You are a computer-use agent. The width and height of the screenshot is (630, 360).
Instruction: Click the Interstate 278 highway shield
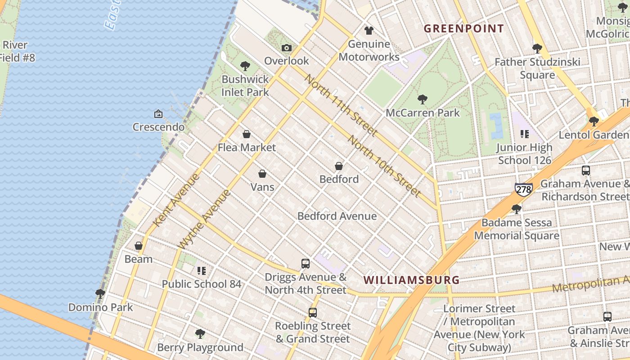click(524, 189)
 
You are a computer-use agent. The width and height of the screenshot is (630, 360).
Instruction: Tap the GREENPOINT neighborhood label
click(464, 29)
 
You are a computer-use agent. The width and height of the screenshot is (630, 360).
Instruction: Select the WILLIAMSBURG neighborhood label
click(412, 280)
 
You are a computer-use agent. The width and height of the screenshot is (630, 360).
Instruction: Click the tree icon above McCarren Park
click(422, 99)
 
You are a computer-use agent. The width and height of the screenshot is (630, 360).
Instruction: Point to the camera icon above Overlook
click(287, 48)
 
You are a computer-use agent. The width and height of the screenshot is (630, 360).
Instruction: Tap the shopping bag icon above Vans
click(262, 174)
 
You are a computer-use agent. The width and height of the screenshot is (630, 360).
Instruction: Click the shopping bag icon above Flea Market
click(247, 134)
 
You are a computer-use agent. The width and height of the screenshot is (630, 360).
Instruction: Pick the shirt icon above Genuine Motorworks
click(369, 31)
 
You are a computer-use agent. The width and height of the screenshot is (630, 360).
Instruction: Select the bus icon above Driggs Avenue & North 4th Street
click(306, 264)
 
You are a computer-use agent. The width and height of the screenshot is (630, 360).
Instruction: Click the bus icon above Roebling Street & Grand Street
click(313, 312)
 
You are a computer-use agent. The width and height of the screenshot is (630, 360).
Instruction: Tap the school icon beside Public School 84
click(201, 271)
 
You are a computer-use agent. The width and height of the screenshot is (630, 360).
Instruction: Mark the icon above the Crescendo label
click(158, 114)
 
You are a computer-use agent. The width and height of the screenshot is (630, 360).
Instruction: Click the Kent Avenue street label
click(176, 200)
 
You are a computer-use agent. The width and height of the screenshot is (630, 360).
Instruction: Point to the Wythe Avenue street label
click(205, 219)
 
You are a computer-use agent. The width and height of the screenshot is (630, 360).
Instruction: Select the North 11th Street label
click(340, 105)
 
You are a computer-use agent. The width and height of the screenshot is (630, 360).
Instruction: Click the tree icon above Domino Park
click(100, 294)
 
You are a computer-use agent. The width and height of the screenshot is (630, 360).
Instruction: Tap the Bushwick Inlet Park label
click(245, 85)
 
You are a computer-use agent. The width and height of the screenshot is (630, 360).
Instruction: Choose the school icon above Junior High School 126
click(524, 134)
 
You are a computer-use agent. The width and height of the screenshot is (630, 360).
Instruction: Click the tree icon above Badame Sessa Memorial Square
click(517, 209)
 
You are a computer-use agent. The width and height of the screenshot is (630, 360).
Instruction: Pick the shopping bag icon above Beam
click(139, 246)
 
